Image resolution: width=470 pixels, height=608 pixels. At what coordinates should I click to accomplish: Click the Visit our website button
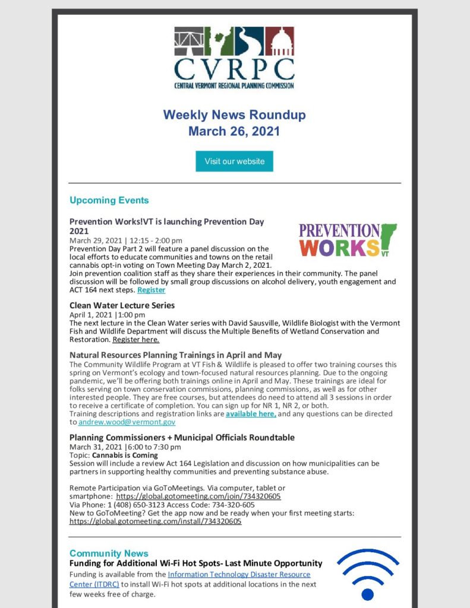click(234, 161)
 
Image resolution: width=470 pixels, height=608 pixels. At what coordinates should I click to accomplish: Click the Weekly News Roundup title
click(234, 115)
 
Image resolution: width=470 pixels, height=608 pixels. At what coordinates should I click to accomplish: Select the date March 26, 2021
click(234, 131)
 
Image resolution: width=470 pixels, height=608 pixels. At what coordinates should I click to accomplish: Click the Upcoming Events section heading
click(109, 200)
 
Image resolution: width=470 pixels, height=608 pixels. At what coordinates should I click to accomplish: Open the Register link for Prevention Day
click(151, 290)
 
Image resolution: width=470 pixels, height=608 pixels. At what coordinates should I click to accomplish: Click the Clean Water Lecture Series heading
click(122, 305)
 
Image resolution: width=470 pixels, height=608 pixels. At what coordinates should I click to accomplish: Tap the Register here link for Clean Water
click(135, 340)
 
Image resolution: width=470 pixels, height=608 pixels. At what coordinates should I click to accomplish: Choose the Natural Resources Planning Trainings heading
click(175, 355)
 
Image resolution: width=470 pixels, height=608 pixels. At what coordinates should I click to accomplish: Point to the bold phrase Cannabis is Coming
click(125, 455)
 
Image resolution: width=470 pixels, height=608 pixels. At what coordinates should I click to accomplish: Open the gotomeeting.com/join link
click(198, 496)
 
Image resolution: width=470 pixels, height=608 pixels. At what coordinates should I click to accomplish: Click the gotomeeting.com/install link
click(156, 521)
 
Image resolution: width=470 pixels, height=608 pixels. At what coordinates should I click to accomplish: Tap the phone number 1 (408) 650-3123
click(137, 505)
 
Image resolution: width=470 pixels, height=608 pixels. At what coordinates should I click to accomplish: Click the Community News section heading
click(109, 553)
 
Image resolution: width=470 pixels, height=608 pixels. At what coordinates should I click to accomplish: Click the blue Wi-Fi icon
click(368, 574)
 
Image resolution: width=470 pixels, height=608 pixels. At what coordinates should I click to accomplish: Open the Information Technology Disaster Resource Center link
click(239, 575)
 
